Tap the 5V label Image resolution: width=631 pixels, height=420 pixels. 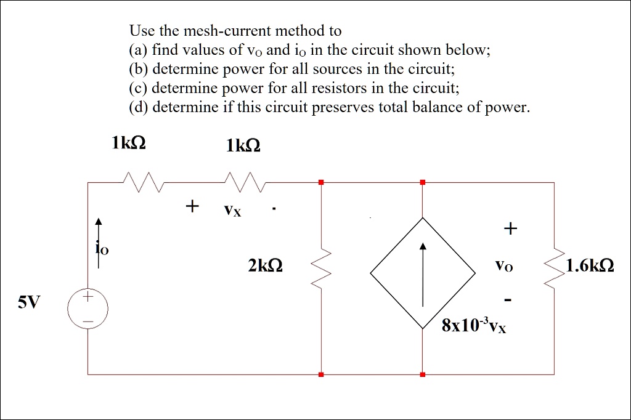[x=28, y=302]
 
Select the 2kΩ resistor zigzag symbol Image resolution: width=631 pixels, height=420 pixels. [x=322, y=268]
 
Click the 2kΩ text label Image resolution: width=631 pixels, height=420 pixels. [x=266, y=266]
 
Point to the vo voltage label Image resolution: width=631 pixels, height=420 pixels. [x=503, y=267]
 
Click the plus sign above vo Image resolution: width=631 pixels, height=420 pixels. [x=509, y=230]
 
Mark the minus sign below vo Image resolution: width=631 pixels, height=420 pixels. [x=508, y=300]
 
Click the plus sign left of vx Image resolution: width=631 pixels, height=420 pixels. [x=192, y=205]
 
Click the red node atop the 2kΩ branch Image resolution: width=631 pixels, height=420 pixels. [x=321, y=182]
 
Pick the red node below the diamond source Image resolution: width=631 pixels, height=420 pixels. [x=423, y=374]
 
